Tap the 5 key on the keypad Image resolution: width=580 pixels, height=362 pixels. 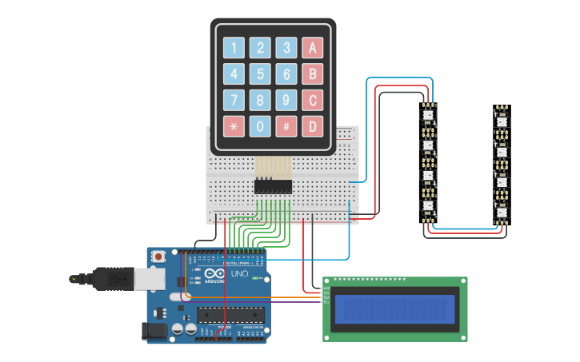(x=260, y=74)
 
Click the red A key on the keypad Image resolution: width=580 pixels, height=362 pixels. (x=313, y=48)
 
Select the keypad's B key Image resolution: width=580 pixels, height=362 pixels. (x=313, y=74)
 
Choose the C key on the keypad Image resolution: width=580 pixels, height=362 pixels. (x=313, y=101)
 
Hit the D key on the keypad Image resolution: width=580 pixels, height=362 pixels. (x=313, y=126)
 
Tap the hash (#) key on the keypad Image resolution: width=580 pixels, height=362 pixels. (x=286, y=126)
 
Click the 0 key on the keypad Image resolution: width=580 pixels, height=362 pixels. (x=260, y=126)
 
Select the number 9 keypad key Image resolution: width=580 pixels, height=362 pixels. (x=286, y=101)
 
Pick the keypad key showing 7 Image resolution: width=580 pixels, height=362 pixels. (x=234, y=101)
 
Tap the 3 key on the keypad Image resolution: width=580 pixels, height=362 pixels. (x=286, y=48)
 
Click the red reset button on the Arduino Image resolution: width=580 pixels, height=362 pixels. (x=158, y=257)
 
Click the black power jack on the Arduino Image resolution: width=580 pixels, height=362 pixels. (x=152, y=330)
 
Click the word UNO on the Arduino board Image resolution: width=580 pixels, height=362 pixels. (x=239, y=274)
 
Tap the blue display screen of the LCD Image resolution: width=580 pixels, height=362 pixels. (x=395, y=309)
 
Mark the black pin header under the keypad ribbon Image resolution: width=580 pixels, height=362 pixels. (x=273, y=187)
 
